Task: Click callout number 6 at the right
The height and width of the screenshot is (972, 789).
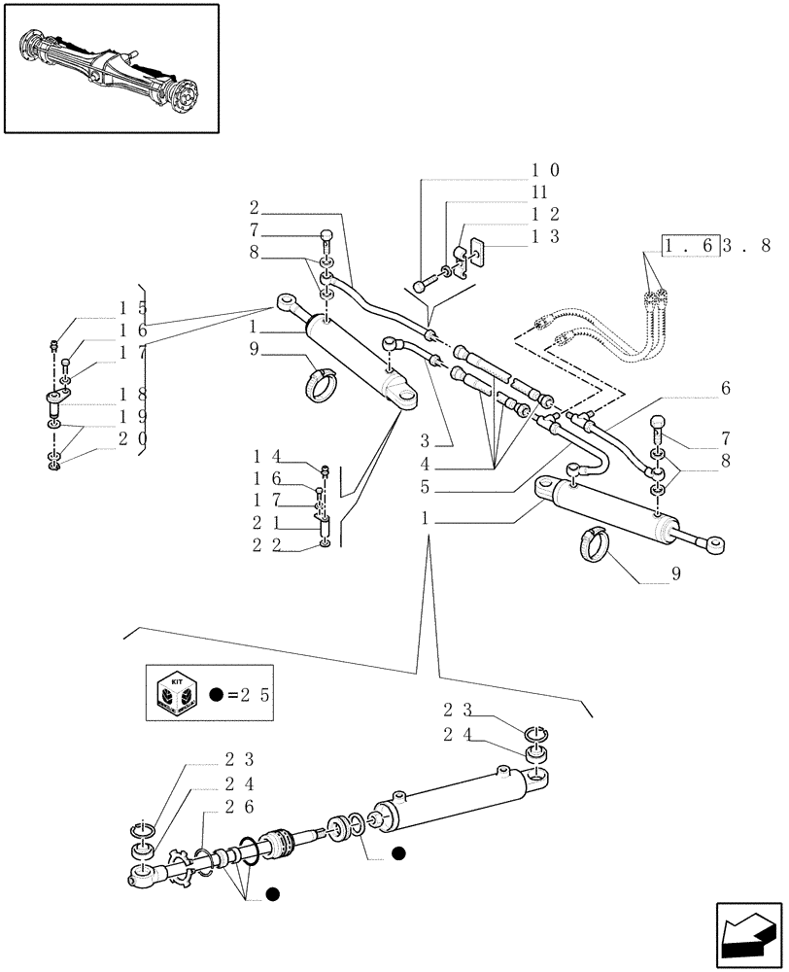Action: point(724,387)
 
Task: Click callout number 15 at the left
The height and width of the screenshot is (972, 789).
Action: point(132,307)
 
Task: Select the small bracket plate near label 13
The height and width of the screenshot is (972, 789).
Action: point(475,255)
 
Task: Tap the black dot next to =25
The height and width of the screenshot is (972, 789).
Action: point(217,696)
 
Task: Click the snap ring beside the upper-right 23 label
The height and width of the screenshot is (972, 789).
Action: point(535,732)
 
